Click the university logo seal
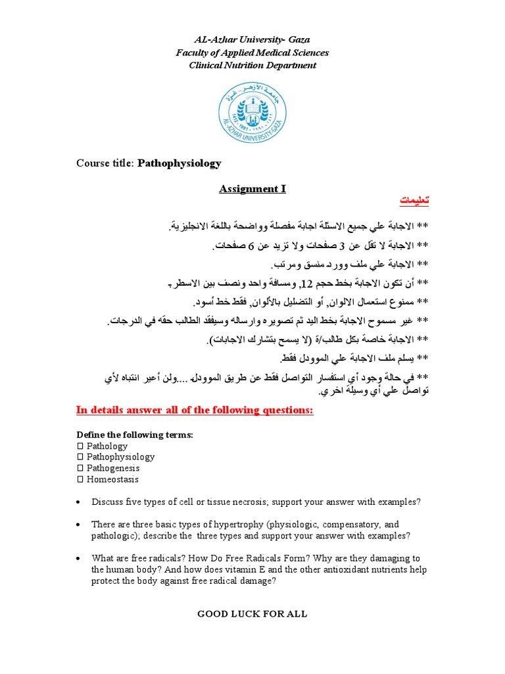252,113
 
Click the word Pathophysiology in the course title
179,163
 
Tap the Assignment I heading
252,190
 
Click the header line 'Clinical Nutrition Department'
252,65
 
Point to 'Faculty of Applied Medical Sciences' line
252,53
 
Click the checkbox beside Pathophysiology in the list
80,457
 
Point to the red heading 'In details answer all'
195,411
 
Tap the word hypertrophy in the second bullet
204,525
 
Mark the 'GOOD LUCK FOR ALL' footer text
252,614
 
